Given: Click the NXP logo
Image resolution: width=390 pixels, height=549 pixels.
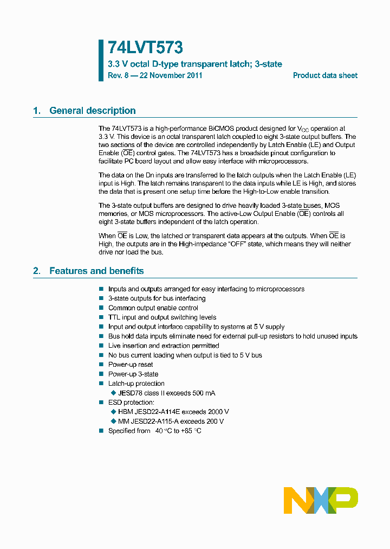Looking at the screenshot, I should tap(321, 500).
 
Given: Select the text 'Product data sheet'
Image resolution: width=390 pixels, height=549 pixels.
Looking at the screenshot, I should tap(325, 75).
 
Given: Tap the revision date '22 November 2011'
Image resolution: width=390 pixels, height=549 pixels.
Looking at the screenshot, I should tap(171, 75).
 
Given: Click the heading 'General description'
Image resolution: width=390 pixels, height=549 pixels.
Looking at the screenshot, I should tap(93, 111).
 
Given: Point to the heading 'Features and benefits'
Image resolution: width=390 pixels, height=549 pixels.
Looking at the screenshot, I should tap(96, 271).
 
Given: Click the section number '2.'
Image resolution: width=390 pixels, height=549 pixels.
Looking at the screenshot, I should tap(37, 271).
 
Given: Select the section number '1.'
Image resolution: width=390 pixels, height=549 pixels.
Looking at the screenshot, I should tap(37, 111).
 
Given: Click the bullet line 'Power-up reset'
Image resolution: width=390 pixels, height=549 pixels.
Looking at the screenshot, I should tap(131, 365).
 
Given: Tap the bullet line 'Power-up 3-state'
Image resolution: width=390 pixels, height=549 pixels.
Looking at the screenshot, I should tap(133, 374).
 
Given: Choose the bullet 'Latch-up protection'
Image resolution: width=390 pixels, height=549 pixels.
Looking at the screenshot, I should tap(136, 384).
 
